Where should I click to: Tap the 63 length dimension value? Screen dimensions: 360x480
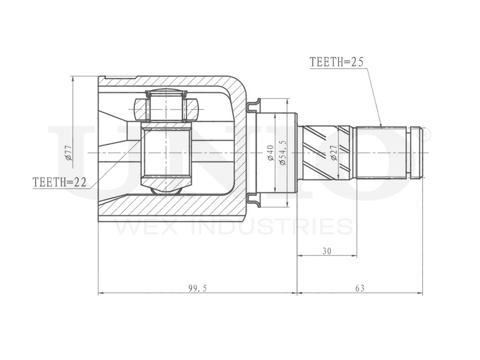click(360, 288)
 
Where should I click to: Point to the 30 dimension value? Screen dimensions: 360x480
click(327, 251)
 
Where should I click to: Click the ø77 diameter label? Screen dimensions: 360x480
click(68, 152)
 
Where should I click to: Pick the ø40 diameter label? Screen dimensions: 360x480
click(271, 153)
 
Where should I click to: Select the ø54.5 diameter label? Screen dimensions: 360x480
click(282, 153)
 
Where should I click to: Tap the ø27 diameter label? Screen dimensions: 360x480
click(334, 153)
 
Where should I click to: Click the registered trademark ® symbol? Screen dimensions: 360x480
click(425, 135)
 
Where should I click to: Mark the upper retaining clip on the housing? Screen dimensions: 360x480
click(253, 106)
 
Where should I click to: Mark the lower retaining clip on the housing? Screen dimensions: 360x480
click(253, 200)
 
